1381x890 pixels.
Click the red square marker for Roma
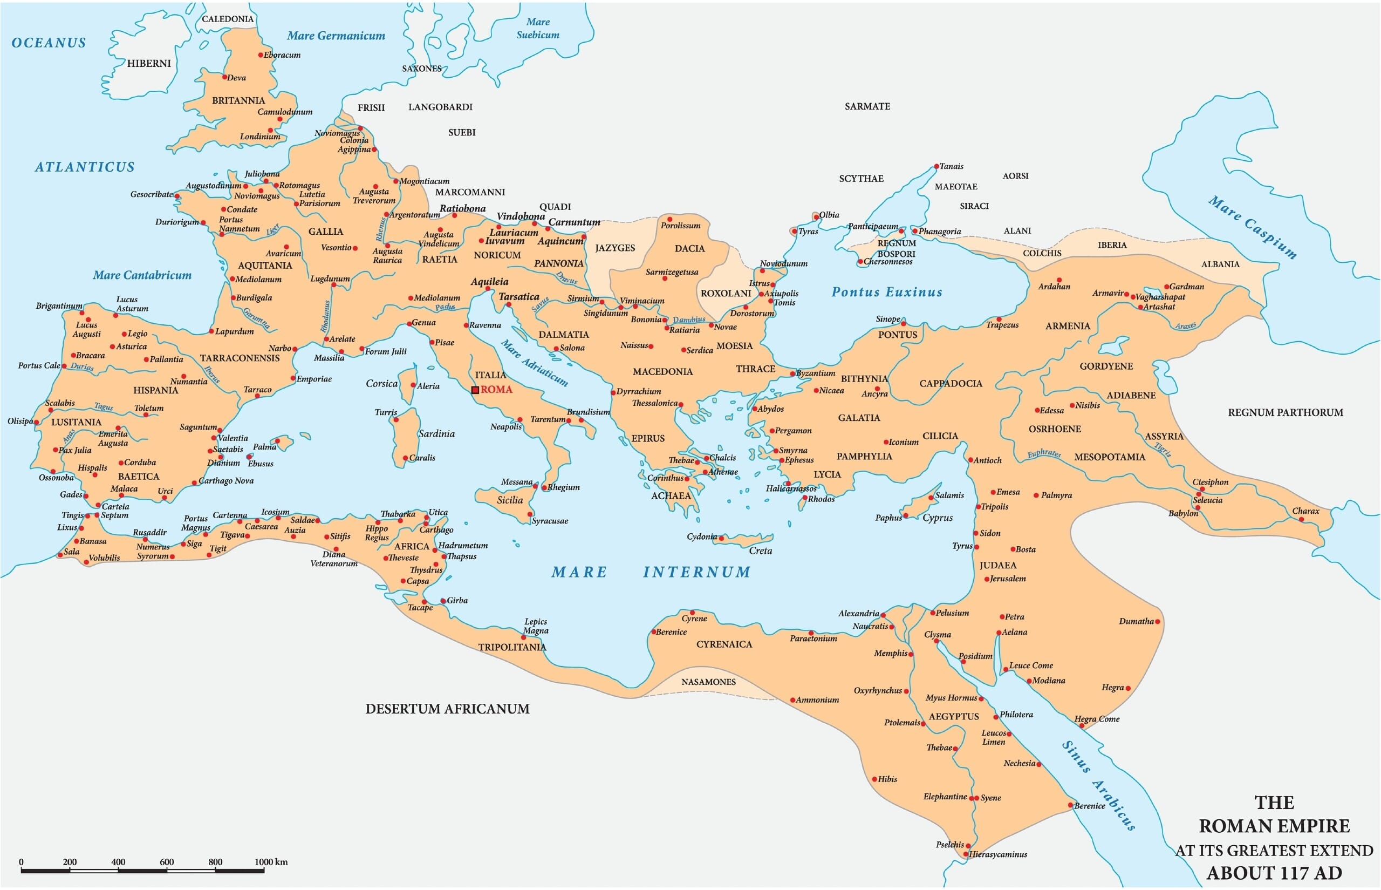(x=475, y=390)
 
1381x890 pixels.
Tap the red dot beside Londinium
(x=270, y=131)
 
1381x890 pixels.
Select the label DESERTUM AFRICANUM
(x=447, y=709)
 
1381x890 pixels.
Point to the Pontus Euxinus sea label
(x=886, y=293)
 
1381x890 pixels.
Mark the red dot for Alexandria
(x=883, y=615)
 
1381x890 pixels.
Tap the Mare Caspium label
(x=1252, y=227)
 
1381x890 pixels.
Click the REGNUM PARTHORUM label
(x=1285, y=413)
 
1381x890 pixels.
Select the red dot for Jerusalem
(x=987, y=579)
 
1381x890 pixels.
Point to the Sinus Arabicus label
(x=1099, y=785)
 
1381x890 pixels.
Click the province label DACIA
(x=689, y=248)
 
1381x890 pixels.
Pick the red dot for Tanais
(x=936, y=166)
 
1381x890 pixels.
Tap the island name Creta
(x=760, y=551)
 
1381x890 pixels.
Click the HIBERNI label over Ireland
(x=149, y=64)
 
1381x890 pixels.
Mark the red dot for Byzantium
(x=793, y=374)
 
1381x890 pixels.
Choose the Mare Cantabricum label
(x=142, y=275)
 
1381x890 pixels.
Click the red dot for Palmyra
(x=1036, y=495)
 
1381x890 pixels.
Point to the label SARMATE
(x=867, y=106)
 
